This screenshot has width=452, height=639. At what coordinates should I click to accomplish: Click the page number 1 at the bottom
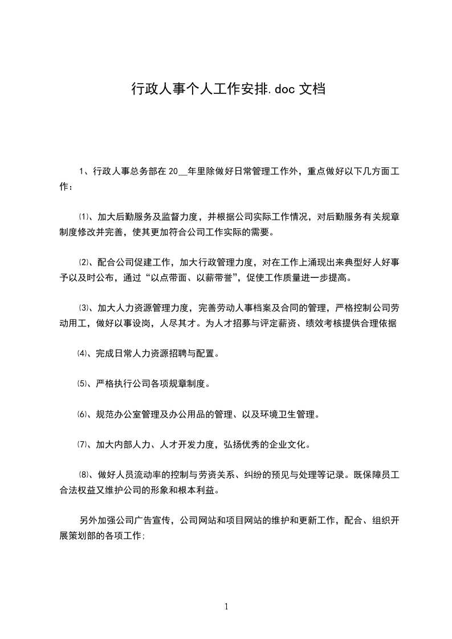point(226,607)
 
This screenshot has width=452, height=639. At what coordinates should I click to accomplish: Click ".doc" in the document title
point(277,89)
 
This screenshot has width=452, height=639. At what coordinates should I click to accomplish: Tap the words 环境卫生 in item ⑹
point(276,414)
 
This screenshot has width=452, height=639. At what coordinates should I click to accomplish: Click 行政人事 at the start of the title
point(150,89)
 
